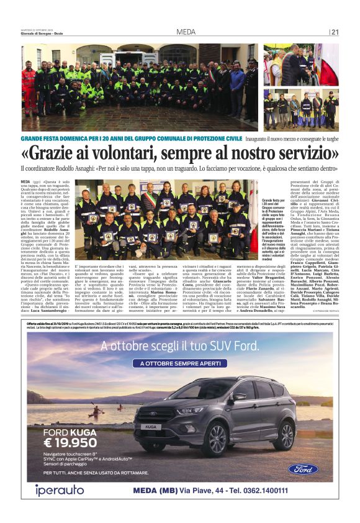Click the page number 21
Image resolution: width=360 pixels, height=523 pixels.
[335, 32]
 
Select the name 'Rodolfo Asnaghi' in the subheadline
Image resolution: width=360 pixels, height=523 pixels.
[85, 168]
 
